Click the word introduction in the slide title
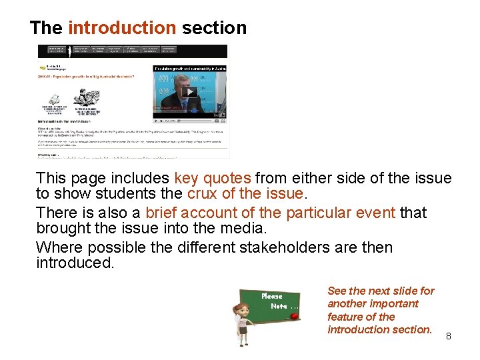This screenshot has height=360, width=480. pyautogui.click(x=122, y=28)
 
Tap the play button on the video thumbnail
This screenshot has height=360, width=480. pyautogui.click(x=189, y=92)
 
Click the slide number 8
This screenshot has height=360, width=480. pyautogui.click(x=449, y=336)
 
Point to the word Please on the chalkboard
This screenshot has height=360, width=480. pyautogui.click(x=272, y=296)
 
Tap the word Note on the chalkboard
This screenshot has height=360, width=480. pyautogui.click(x=279, y=306)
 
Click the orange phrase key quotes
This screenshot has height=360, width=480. pyautogui.click(x=213, y=179)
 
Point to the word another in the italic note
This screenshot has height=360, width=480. pyautogui.click(x=348, y=304)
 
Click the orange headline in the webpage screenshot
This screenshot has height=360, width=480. pyautogui.click(x=87, y=77)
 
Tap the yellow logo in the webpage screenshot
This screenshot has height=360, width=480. pyautogui.click(x=43, y=67)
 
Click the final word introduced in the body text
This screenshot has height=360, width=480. pyautogui.click(x=75, y=263)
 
